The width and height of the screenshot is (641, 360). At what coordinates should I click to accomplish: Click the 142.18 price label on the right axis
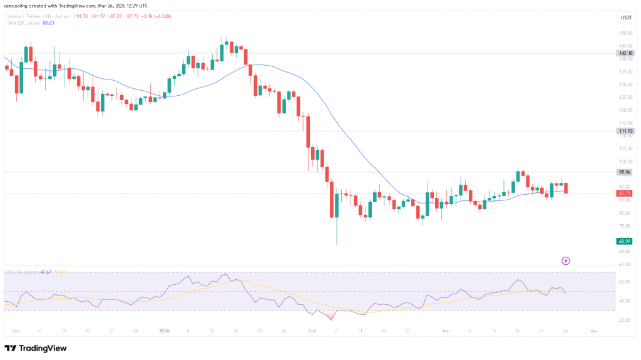(x=625, y=53)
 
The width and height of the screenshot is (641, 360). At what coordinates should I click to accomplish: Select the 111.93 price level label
(x=625, y=131)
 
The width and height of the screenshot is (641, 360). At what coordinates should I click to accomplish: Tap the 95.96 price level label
(x=625, y=172)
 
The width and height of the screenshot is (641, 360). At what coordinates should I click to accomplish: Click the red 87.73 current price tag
(x=625, y=193)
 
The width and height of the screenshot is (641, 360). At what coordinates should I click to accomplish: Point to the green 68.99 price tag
(x=625, y=241)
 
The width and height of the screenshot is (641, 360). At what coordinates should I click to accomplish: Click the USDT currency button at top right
(x=625, y=18)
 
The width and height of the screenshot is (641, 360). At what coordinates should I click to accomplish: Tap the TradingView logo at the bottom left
(x=36, y=348)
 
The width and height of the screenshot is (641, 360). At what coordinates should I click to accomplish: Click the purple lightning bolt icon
(x=566, y=260)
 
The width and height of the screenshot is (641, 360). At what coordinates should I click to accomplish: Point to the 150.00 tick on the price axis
(x=625, y=33)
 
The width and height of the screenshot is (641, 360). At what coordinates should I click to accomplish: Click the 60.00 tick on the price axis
(x=625, y=264)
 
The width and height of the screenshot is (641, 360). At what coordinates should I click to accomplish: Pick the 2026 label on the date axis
(x=164, y=331)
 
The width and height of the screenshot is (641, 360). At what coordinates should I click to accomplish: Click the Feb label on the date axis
(x=312, y=331)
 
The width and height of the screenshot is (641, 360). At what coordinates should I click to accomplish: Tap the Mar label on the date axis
(x=446, y=331)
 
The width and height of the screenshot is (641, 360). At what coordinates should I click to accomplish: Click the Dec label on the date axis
(x=16, y=331)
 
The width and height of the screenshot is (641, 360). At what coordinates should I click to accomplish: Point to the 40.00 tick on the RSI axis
(x=625, y=301)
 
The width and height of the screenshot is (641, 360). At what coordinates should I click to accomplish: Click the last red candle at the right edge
(x=566, y=188)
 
